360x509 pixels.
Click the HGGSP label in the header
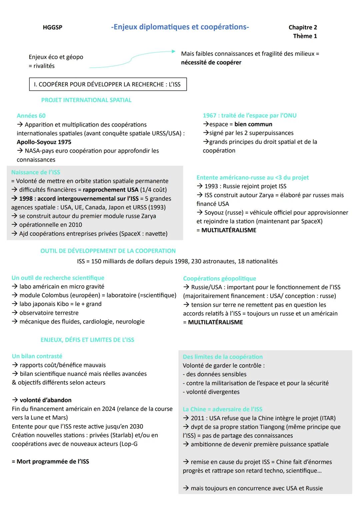(x=52, y=27)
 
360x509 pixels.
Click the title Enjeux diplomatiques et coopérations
(x=180, y=27)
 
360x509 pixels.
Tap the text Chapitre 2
(x=303, y=27)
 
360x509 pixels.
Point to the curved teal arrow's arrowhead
(x=173, y=51)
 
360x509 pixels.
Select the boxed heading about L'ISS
(x=108, y=84)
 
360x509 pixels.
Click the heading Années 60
(x=31, y=116)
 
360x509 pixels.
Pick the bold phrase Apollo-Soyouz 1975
(x=44, y=142)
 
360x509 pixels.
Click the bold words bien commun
(x=253, y=124)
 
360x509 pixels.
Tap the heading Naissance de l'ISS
(x=36, y=172)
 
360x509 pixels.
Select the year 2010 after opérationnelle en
(x=75, y=225)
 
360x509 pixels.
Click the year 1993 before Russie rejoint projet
(x=211, y=186)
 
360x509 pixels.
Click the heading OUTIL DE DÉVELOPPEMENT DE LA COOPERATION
(x=108, y=251)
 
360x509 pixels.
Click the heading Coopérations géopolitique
(x=219, y=279)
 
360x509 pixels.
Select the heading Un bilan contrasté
(x=37, y=356)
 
